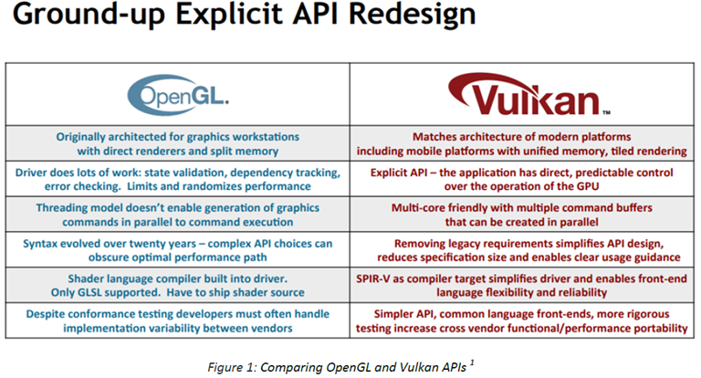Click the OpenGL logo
click(178, 95)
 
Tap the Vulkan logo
click(529, 95)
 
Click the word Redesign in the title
click(413, 14)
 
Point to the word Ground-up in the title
click(89, 16)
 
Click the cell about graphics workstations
click(177, 143)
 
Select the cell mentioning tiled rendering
click(522, 143)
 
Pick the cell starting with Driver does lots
click(177, 179)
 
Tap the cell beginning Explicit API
click(522, 179)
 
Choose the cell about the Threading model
click(177, 215)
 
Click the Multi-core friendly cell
click(522, 215)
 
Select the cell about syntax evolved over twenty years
click(177, 250)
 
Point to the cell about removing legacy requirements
click(522, 250)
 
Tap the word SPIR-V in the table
click(372, 278)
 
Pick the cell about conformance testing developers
click(177, 320)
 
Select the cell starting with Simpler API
click(522, 320)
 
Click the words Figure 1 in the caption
click(231, 367)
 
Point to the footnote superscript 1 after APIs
click(472, 362)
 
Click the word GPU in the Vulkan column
click(588, 186)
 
